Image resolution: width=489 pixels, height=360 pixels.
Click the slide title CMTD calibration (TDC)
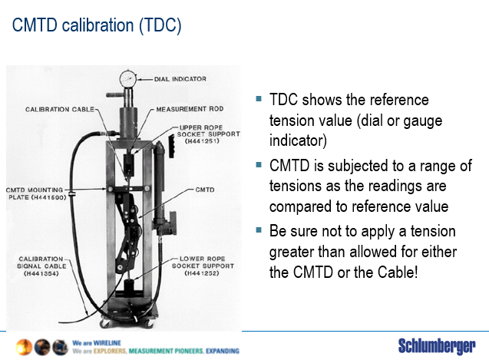pyautogui.click(x=97, y=25)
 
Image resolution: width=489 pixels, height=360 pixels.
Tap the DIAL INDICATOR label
pyautogui.click(x=181, y=78)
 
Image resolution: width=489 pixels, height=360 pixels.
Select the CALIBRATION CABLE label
pyautogui.click(x=60, y=109)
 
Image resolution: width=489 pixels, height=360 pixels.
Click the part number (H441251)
pyautogui.click(x=199, y=141)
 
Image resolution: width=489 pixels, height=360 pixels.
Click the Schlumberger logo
pyautogui.click(x=436, y=345)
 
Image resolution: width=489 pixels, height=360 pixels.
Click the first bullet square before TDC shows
pyautogui.click(x=259, y=98)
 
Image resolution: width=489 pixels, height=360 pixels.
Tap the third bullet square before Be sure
pyautogui.click(x=259, y=230)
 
